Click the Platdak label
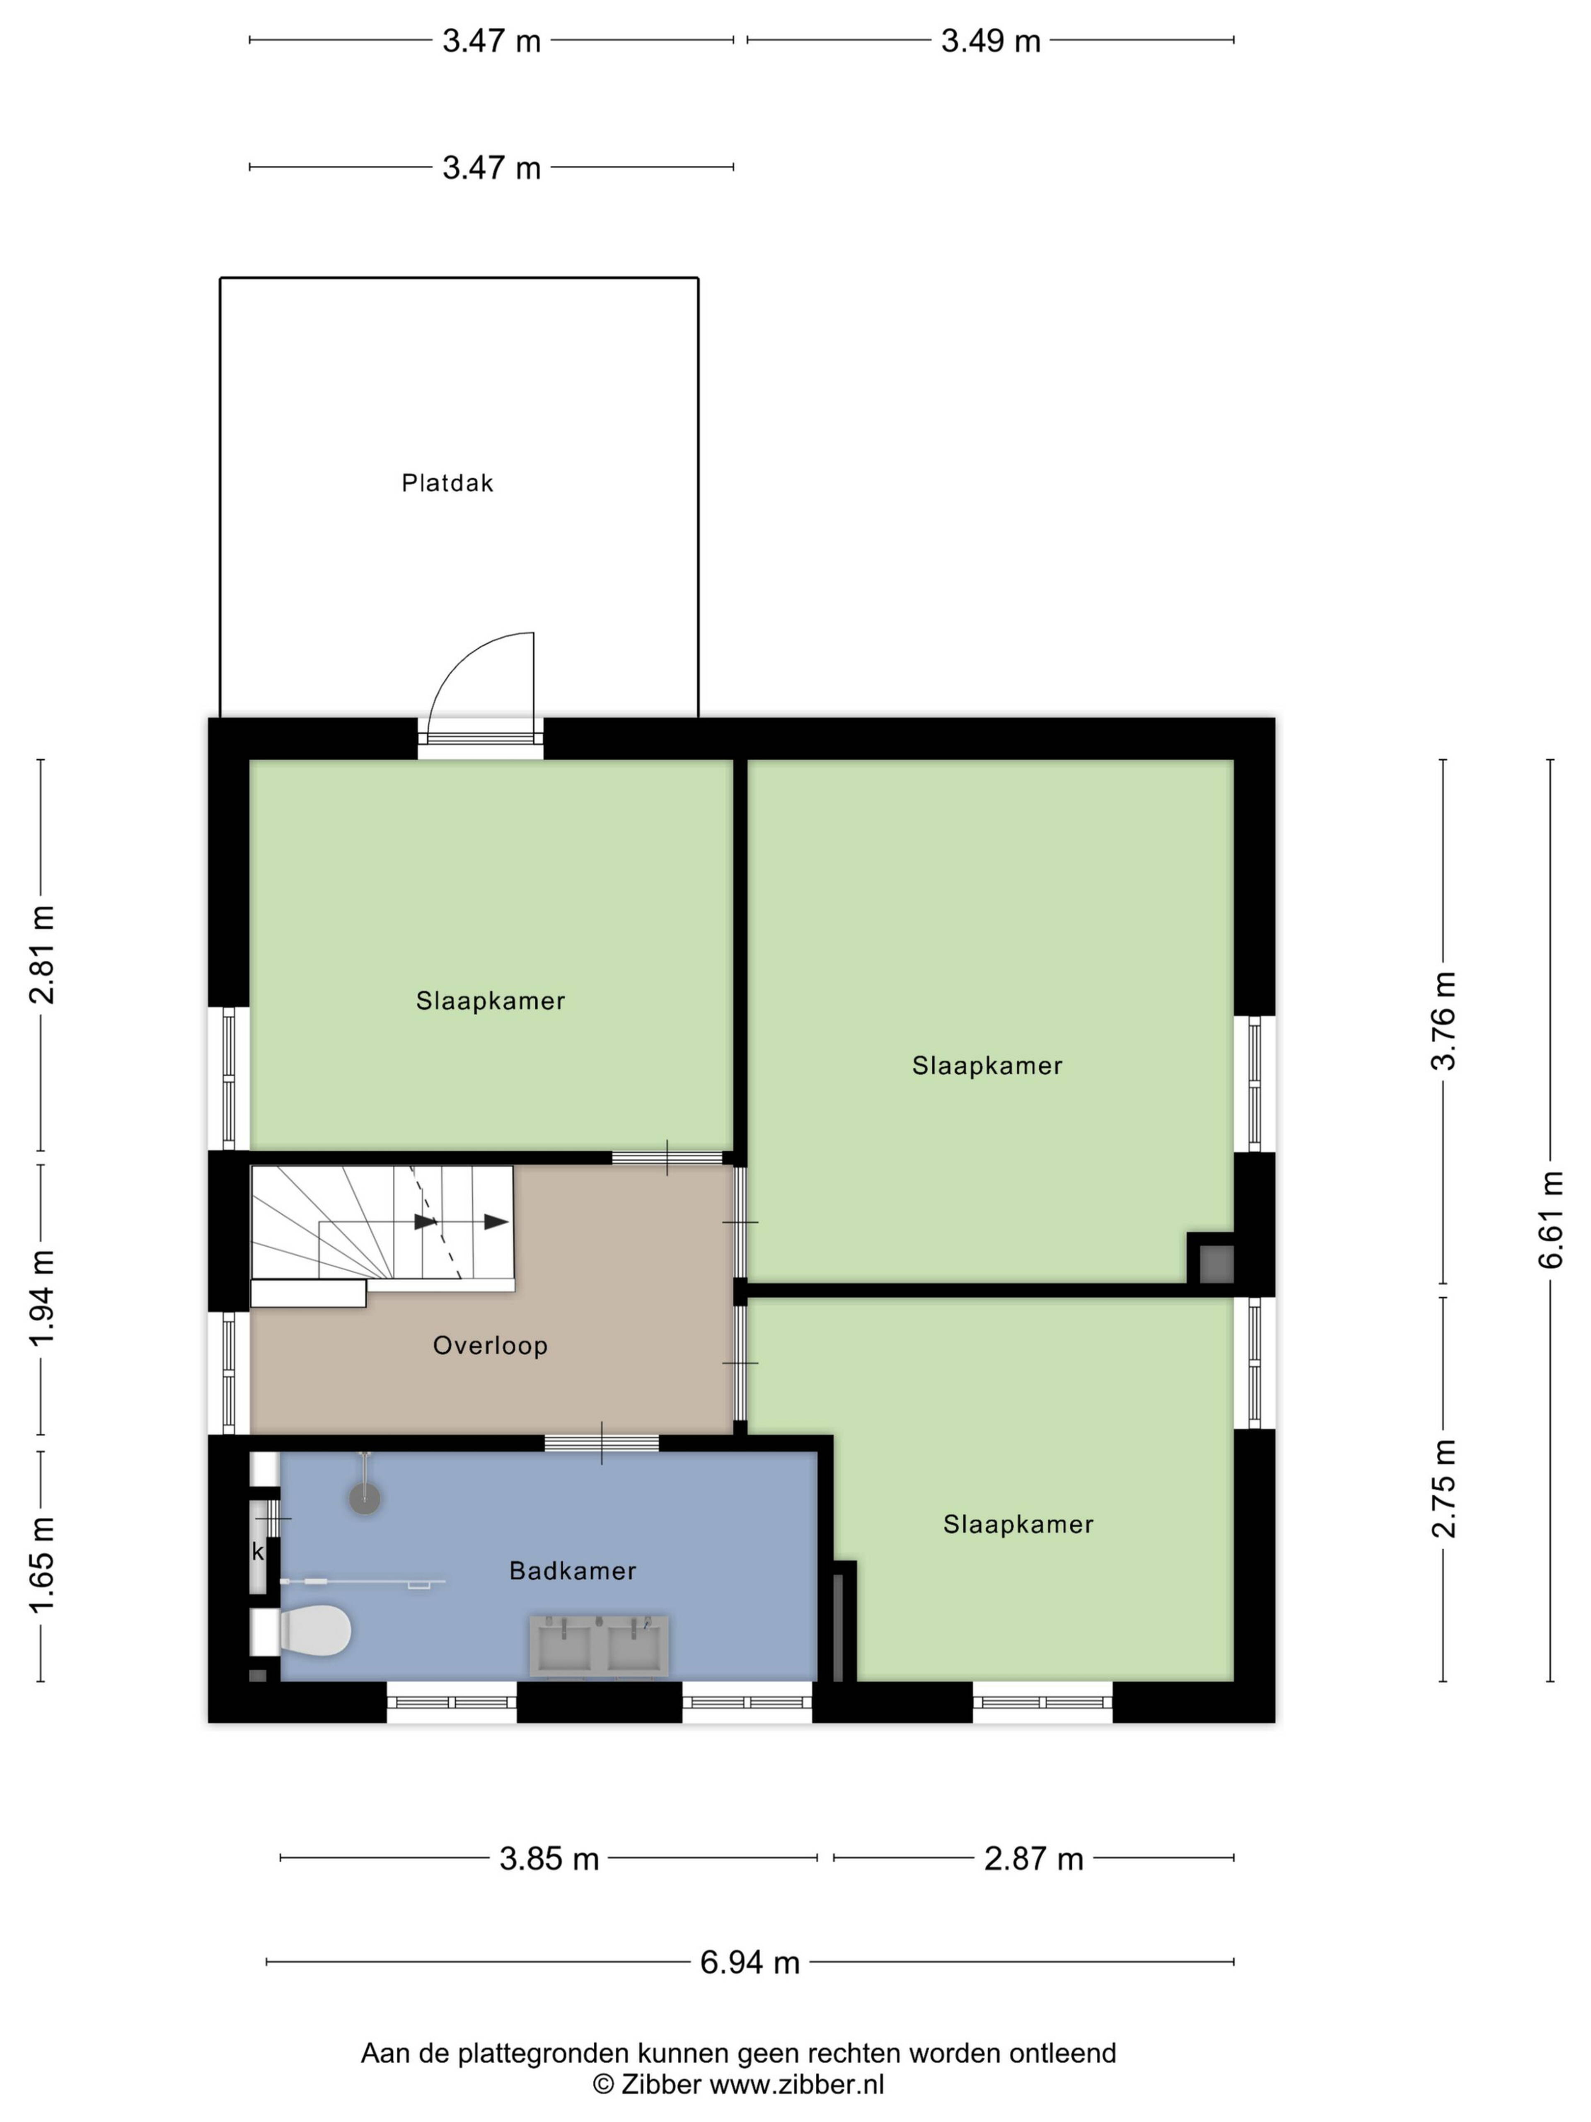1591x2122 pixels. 447,482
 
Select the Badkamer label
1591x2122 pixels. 573,1570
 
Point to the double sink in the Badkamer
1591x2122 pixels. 598,1646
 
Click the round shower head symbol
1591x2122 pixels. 365,1498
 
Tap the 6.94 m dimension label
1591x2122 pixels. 749,1962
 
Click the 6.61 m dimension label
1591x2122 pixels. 1550,1219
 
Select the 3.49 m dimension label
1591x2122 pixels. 991,40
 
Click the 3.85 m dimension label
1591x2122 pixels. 549,1858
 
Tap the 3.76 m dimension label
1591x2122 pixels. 1444,1020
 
